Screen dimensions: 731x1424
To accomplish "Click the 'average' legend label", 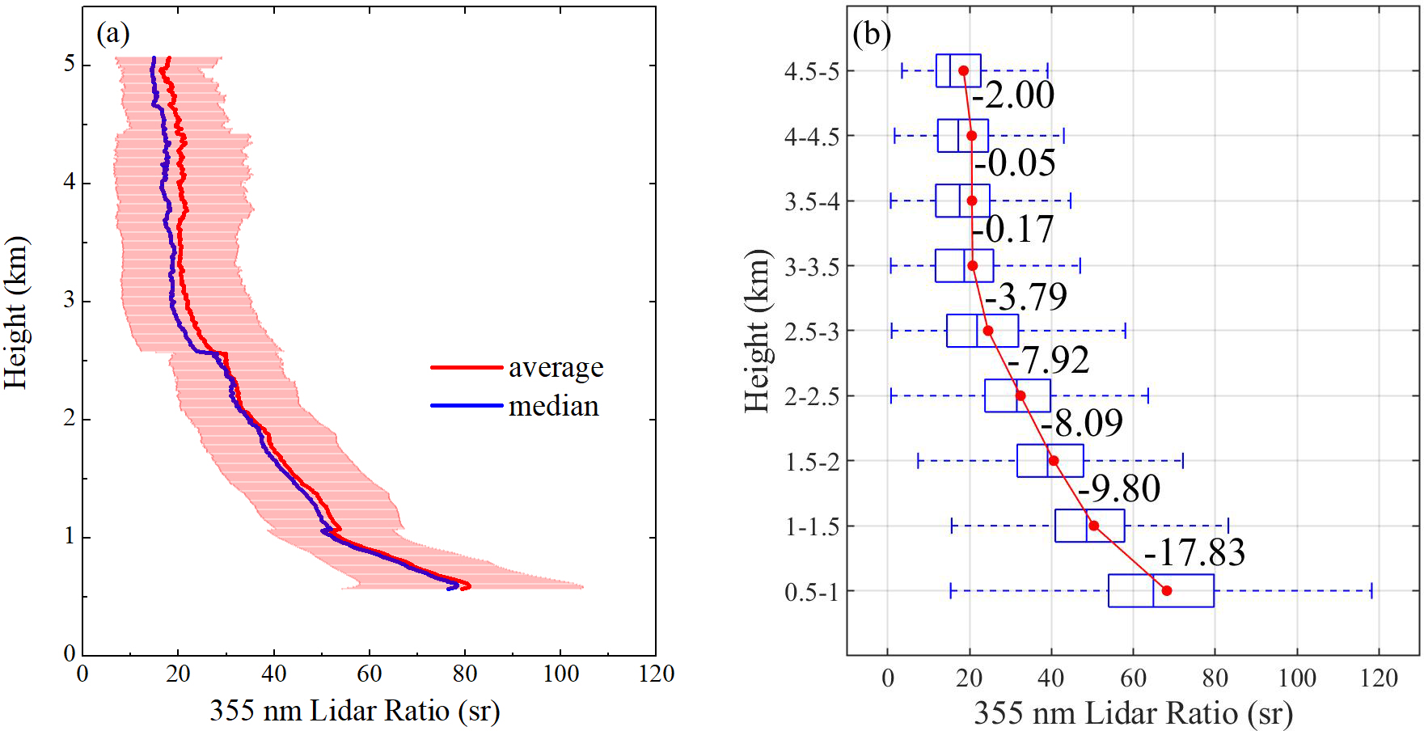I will [x=556, y=368].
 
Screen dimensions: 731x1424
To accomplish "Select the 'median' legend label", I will [x=553, y=406].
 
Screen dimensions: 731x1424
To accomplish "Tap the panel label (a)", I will [x=112, y=33].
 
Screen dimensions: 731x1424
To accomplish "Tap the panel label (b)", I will [x=872, y=34].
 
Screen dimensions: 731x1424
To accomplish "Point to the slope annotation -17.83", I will [x=1194, y=552].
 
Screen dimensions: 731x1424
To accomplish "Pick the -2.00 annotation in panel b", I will [x=1013, y=95].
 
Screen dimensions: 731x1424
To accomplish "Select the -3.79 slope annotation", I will [x=1026, y=297].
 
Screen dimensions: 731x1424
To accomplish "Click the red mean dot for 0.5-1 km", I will [x=1166, y=590].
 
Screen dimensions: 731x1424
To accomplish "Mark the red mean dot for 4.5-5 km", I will [x=963, y=71].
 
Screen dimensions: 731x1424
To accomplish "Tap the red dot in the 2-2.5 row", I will [x=1020, y=395].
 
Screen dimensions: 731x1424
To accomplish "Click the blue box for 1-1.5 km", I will [x=1089, y=526].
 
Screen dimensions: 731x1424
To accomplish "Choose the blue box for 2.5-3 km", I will [x=982, y=331].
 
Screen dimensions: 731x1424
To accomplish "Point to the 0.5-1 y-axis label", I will [x=811, y=592].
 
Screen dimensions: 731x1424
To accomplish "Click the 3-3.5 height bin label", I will [x=812, y=267].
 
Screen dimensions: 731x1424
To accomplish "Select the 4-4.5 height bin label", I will [x=812, y=137].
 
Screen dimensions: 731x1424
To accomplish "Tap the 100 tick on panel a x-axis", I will [x=560, y=674].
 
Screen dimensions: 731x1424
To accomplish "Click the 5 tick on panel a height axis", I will [x=70, y=64].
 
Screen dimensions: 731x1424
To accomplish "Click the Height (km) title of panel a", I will [x=15, y=312].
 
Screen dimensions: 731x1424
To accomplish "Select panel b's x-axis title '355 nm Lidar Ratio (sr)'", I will [x=1133, y=713].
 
